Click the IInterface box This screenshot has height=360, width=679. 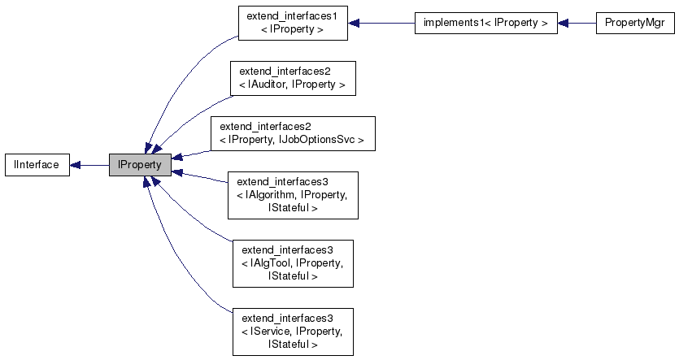pos(37,165)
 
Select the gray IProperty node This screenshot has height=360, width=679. pos(140,165)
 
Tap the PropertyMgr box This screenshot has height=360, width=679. pos(634,23)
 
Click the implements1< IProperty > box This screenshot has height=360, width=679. pos(485,23)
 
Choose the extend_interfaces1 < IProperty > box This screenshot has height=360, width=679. pos(292,23)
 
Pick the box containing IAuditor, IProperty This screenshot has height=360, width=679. pos(292,78)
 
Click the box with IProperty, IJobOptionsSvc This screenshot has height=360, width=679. pos(292,133)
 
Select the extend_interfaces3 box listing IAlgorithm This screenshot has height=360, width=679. pos(292,195)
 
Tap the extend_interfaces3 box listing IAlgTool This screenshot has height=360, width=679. pos(292,263)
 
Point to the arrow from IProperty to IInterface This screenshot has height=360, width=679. pos(89,165)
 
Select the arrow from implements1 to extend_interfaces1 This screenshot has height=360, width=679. pos(382,23)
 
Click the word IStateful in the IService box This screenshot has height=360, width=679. pos(292,345)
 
